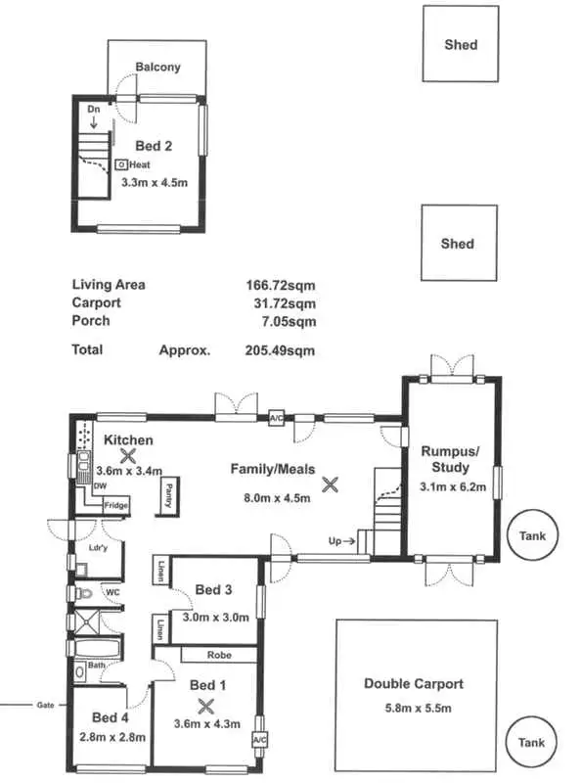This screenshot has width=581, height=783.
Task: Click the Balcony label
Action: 157,67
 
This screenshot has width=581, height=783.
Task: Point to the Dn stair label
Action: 94,110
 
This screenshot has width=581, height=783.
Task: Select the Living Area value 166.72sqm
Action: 280,285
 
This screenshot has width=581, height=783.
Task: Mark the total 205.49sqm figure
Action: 280,349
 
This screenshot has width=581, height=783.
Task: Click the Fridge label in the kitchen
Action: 116,505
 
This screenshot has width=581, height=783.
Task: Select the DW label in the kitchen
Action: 100,485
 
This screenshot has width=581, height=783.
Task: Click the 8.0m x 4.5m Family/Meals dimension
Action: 277,497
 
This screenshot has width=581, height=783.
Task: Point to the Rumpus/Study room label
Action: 451,459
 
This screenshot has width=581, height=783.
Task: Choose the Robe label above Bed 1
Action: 219,656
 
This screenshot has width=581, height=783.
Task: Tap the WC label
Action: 112,593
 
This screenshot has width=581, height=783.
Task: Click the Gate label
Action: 45,704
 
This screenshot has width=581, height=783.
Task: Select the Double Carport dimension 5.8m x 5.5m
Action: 413,709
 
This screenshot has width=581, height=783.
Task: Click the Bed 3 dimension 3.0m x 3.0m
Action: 216,617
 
